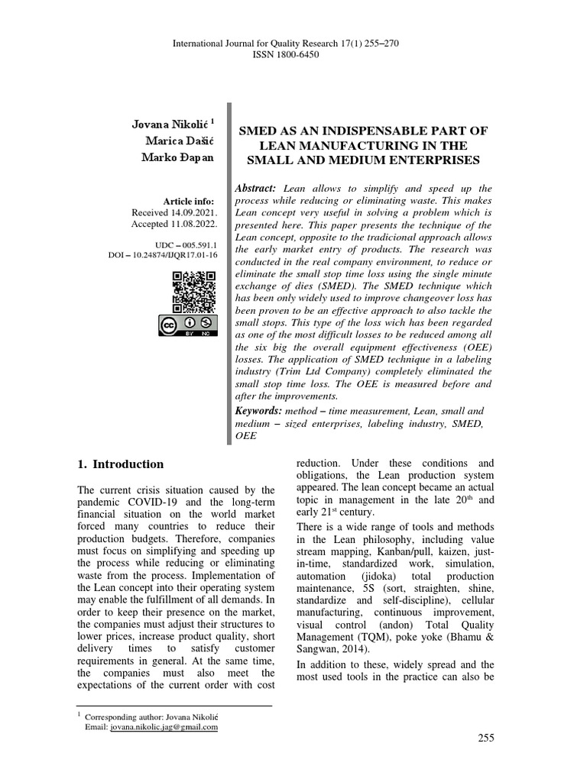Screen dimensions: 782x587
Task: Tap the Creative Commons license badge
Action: (x=189, y=327)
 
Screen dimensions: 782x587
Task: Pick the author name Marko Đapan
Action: (x=179, y=157)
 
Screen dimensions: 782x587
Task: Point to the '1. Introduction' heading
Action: (x=121, y=464)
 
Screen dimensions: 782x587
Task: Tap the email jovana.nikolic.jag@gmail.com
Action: (x=164, y=728)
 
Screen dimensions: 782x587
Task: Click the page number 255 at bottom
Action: (x=486, y=738)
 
